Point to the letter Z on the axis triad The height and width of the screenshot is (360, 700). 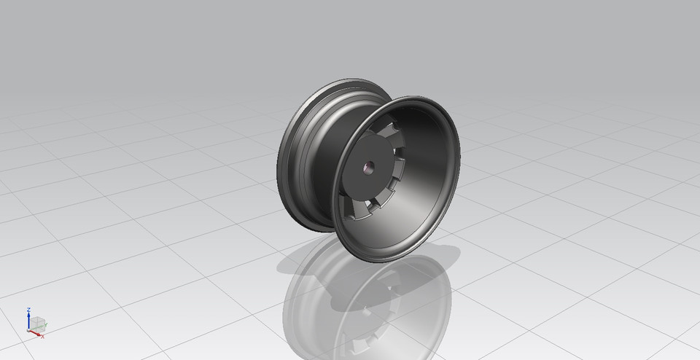[x=27, y=308]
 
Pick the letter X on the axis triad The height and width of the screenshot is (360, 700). [x=43, y=337]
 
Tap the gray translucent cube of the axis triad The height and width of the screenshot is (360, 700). [x=36, y=323]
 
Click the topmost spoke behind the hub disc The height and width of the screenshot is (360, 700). [x=389, y=130]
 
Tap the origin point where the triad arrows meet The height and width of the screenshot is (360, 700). [x=28, y=329]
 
